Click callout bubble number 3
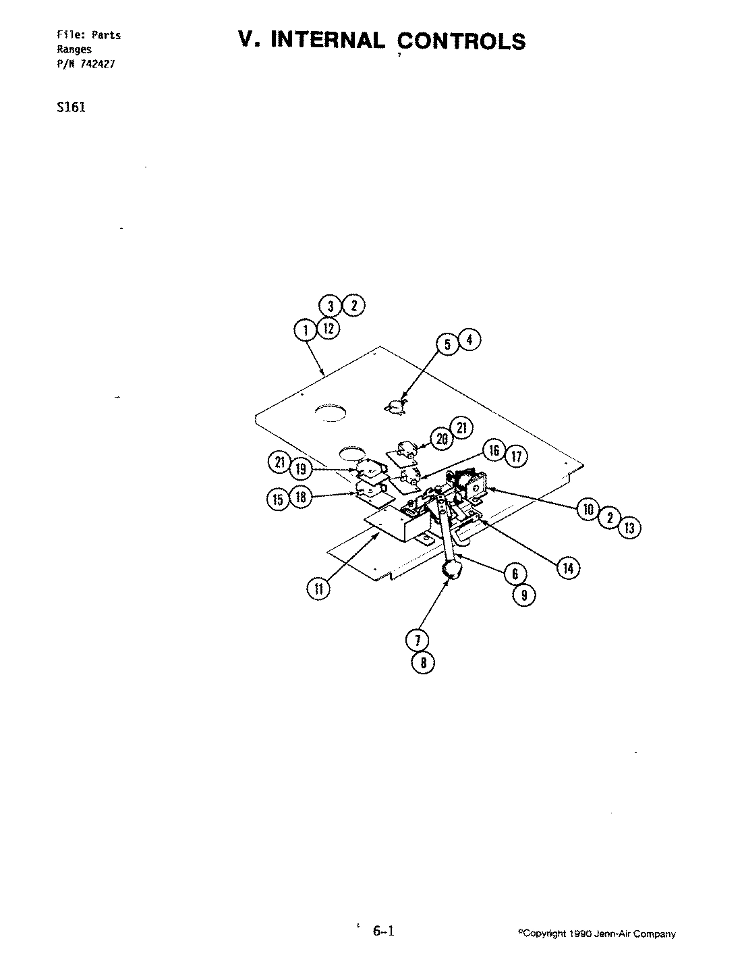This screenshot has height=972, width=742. pyautogui.click(x=331, y=306)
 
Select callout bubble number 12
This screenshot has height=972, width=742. pyautogui.click(x=328, y=329)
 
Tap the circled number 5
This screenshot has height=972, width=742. pyautogui.click(x=447, y=344)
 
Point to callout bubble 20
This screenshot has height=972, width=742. pyautogui.click(x=442, y=439)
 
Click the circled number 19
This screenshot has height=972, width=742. pyautogui.click(x=302, y=467)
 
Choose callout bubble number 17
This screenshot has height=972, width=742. pyautogui.click(x=516, y=456)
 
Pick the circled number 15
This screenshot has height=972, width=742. pyautogui.click(x=278, y=500)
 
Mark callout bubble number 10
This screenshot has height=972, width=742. pyautogui.click(x=588, y=509)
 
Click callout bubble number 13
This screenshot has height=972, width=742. pyautogui.click(x=629, y=527)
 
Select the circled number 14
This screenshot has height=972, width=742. pyautogui.click(x=567, y=568)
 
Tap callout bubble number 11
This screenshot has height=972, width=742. pyautogui.click(x=318, y=589)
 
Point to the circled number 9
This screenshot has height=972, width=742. pyautogui.click(x=523, y=595)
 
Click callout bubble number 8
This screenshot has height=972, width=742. pyautogui.click(x=423, y=662)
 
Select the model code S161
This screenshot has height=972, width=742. pyautogui.click(x=72, y=107)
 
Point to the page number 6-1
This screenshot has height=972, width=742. pyautogui.click(x=383, y=932)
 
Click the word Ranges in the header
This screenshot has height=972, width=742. pyautogui.click(x=74, y=49)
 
